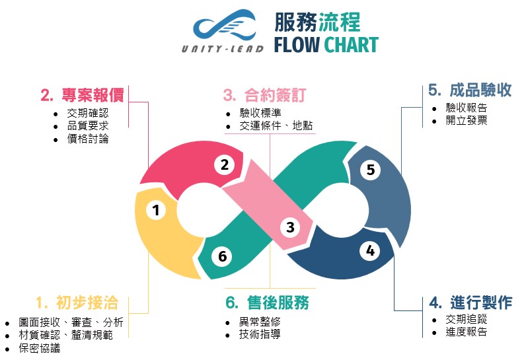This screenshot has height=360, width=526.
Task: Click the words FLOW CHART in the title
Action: (326, 45)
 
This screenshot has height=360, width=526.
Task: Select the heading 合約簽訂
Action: (265, 95)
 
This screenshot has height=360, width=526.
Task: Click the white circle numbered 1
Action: (156, 210)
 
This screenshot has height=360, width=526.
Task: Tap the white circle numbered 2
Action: (225, 164)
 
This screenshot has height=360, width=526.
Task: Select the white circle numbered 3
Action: (290, 228)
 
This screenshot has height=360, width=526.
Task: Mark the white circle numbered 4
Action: (370, 250)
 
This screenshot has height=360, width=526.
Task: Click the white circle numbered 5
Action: (370, 170)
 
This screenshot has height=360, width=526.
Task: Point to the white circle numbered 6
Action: (223, 256)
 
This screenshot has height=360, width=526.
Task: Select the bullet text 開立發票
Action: (467, 120)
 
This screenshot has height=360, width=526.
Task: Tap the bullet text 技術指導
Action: (260, 334)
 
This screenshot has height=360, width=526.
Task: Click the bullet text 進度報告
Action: (467, 332)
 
